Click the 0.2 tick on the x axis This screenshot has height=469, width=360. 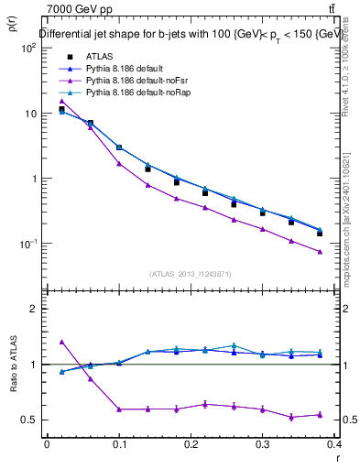click(x=191, y=442)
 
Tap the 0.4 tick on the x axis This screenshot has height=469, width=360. click(x=334, y=442)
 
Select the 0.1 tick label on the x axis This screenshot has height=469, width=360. click(x=118, y=442)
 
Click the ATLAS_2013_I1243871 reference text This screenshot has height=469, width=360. click(x=191, y=273)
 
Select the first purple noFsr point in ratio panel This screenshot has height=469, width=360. click(x=61, y=341)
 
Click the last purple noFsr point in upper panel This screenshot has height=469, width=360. click(x=320, y=251)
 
